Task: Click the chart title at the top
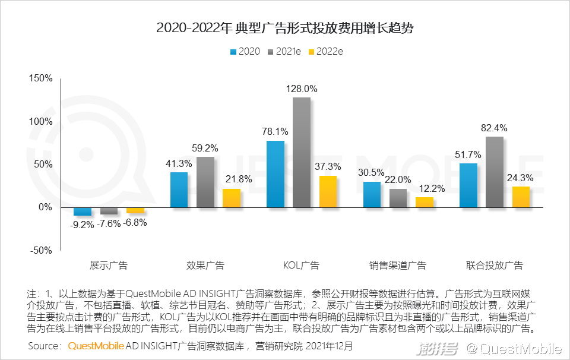(284, 27)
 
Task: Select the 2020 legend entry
(244, 51)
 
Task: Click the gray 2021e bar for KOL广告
(302, 152)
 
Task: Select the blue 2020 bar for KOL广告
(275, 174)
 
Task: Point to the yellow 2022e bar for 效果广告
(232, 198)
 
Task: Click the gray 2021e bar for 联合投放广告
(495, 172)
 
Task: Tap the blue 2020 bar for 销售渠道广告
(372, 194)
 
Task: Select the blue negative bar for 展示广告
(82, 211)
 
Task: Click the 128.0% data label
(302, 89)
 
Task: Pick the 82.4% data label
(495, 128)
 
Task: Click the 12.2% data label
(425, 188)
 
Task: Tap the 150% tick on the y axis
(41, 78)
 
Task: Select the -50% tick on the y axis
(41, 250)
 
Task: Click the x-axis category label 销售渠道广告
(398, 265)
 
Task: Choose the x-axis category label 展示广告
(108, 265)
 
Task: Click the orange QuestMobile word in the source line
(96, 345)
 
